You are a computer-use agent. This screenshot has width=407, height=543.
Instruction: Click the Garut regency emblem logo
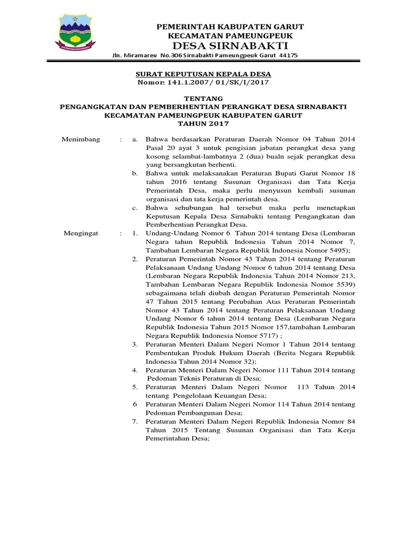tap(75, 33)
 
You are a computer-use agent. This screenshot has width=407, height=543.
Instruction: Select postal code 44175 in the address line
tap(288, 56)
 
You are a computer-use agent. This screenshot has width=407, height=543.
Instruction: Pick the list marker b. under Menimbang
tap(135, 173)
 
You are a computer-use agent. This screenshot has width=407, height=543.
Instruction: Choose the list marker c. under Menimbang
tap(135, 207)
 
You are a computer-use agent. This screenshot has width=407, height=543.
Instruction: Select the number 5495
tap(338, 250)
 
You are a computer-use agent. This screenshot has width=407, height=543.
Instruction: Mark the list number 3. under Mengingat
tap(135, 344)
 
